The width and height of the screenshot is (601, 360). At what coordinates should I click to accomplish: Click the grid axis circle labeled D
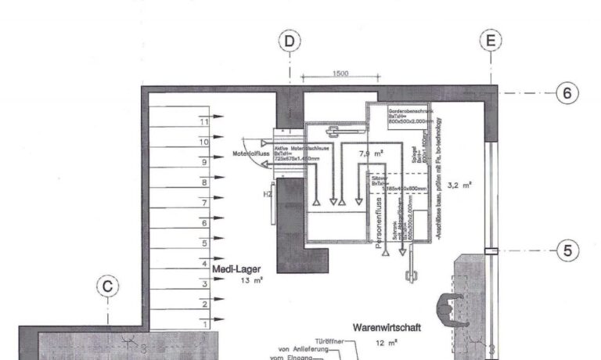(x=290, y=41)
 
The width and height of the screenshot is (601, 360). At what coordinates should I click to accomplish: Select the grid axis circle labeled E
(x=491, y=41)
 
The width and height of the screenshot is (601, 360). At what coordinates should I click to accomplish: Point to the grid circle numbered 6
(x=568, y=93)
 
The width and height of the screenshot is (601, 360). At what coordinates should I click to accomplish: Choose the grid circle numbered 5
(x=568, y=251)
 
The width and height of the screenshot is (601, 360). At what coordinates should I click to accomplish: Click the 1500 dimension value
(x=340, y=74)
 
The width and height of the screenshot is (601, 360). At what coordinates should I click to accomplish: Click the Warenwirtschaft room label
(x=387, y=327)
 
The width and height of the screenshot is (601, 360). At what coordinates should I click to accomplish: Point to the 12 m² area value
(x=387, y=342)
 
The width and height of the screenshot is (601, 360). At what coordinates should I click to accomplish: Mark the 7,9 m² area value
(x=370, y=154)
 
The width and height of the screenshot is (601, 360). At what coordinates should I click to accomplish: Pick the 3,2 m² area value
(x=459, y=185)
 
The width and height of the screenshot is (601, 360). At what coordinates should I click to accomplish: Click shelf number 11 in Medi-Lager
(x=204, y=122)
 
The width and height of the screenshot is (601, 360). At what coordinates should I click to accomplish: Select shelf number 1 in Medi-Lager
(x=204, y=323)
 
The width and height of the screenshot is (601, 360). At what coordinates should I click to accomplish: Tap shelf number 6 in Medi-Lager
(x=204, y=223)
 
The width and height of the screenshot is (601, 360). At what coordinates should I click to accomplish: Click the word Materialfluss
(x=250, y=154)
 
